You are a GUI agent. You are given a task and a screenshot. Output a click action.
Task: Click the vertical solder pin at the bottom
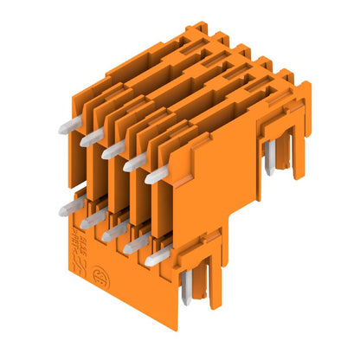coord(188,289)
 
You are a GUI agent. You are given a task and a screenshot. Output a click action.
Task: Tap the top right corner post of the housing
coord(304,87)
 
